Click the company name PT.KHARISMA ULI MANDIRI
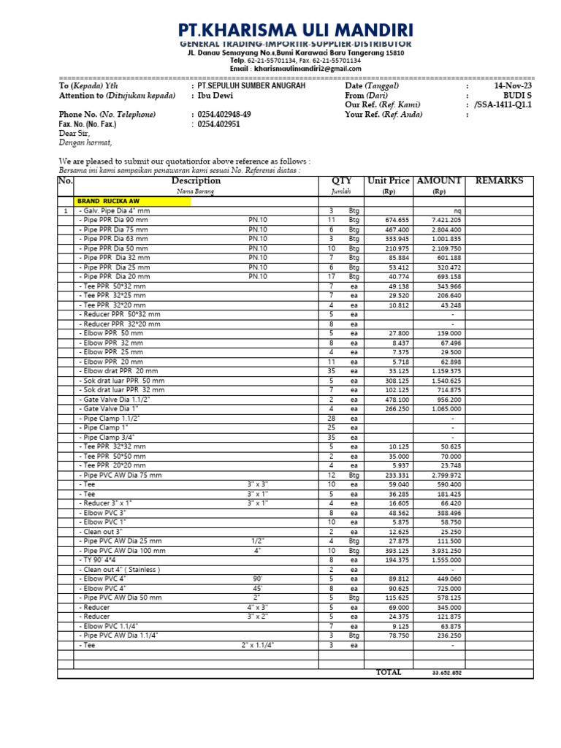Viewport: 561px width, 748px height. [x=296, y=30]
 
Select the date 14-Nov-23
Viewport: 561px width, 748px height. [x=514, y=86]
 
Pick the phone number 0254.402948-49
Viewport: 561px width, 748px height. [x=224, y=115]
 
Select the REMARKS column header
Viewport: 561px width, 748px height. [x=499, y=180]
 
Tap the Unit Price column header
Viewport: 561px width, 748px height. [x=389, y=180]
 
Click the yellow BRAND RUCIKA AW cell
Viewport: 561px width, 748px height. [x=132, y=201]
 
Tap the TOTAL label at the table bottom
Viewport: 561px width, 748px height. [x=389, y=672]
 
